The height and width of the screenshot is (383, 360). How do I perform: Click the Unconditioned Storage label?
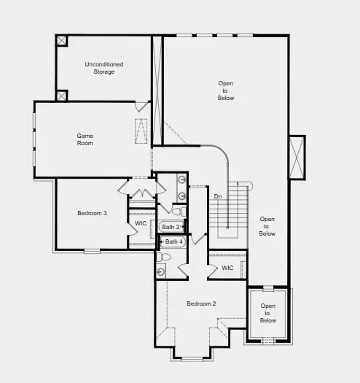(104, 68)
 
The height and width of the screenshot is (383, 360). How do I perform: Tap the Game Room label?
(86, 139)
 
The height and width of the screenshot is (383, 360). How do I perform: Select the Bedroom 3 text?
(93, 213)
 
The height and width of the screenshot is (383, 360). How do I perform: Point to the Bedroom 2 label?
(201, 303)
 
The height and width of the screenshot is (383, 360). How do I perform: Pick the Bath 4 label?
(173, 241)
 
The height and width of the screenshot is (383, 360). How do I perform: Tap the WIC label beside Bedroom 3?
(141, 223)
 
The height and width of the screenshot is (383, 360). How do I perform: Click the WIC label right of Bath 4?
(227, 268)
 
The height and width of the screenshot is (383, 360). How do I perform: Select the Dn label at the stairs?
(218, 196)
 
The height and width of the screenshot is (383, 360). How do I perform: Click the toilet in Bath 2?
(177, 212)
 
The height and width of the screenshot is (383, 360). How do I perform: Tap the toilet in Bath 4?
(165, 257)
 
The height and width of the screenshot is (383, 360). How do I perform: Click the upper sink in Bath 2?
(181, 179)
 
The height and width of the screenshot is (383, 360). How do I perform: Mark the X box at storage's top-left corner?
(61, 40)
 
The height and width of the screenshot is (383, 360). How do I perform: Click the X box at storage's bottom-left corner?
(61, 95)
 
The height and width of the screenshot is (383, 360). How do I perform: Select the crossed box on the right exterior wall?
(297, 157)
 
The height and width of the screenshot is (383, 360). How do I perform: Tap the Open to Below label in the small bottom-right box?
(268, 313)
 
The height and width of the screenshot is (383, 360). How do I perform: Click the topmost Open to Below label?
(226, 90)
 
